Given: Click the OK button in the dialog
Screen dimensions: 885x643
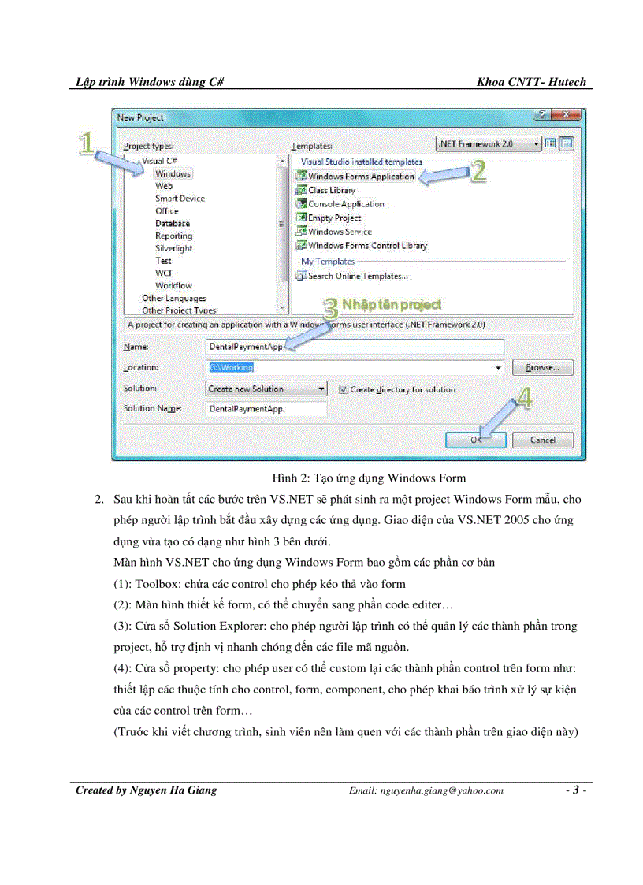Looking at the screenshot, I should pos(475,441).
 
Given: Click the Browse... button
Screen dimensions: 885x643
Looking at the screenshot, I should pos(542,368).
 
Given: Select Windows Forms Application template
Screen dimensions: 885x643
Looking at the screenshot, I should pos(360,177).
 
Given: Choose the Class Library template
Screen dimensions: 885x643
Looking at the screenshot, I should pos(331,190).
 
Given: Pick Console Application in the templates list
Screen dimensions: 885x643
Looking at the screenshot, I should pos(346,204).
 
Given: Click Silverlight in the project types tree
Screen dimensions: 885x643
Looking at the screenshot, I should pos(174,248).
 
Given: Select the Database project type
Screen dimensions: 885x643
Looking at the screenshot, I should pos(172,223).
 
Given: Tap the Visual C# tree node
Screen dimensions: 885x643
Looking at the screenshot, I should pos(158,161).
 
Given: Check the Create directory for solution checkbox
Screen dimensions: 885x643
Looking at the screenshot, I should pos(344,389).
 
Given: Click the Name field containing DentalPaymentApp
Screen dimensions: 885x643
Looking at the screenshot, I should pos(353,347).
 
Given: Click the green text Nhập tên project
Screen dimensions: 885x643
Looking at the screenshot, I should pos(392,305).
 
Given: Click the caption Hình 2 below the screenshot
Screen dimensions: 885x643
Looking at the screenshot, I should pos(368,478).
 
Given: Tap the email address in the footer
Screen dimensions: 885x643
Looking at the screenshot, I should pos(426,791).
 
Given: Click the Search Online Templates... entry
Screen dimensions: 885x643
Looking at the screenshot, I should pos(357,276).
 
